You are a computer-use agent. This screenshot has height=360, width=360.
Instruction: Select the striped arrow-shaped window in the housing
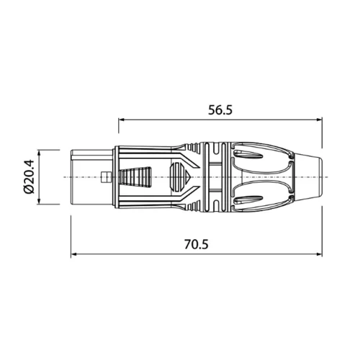click(179, 176)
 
